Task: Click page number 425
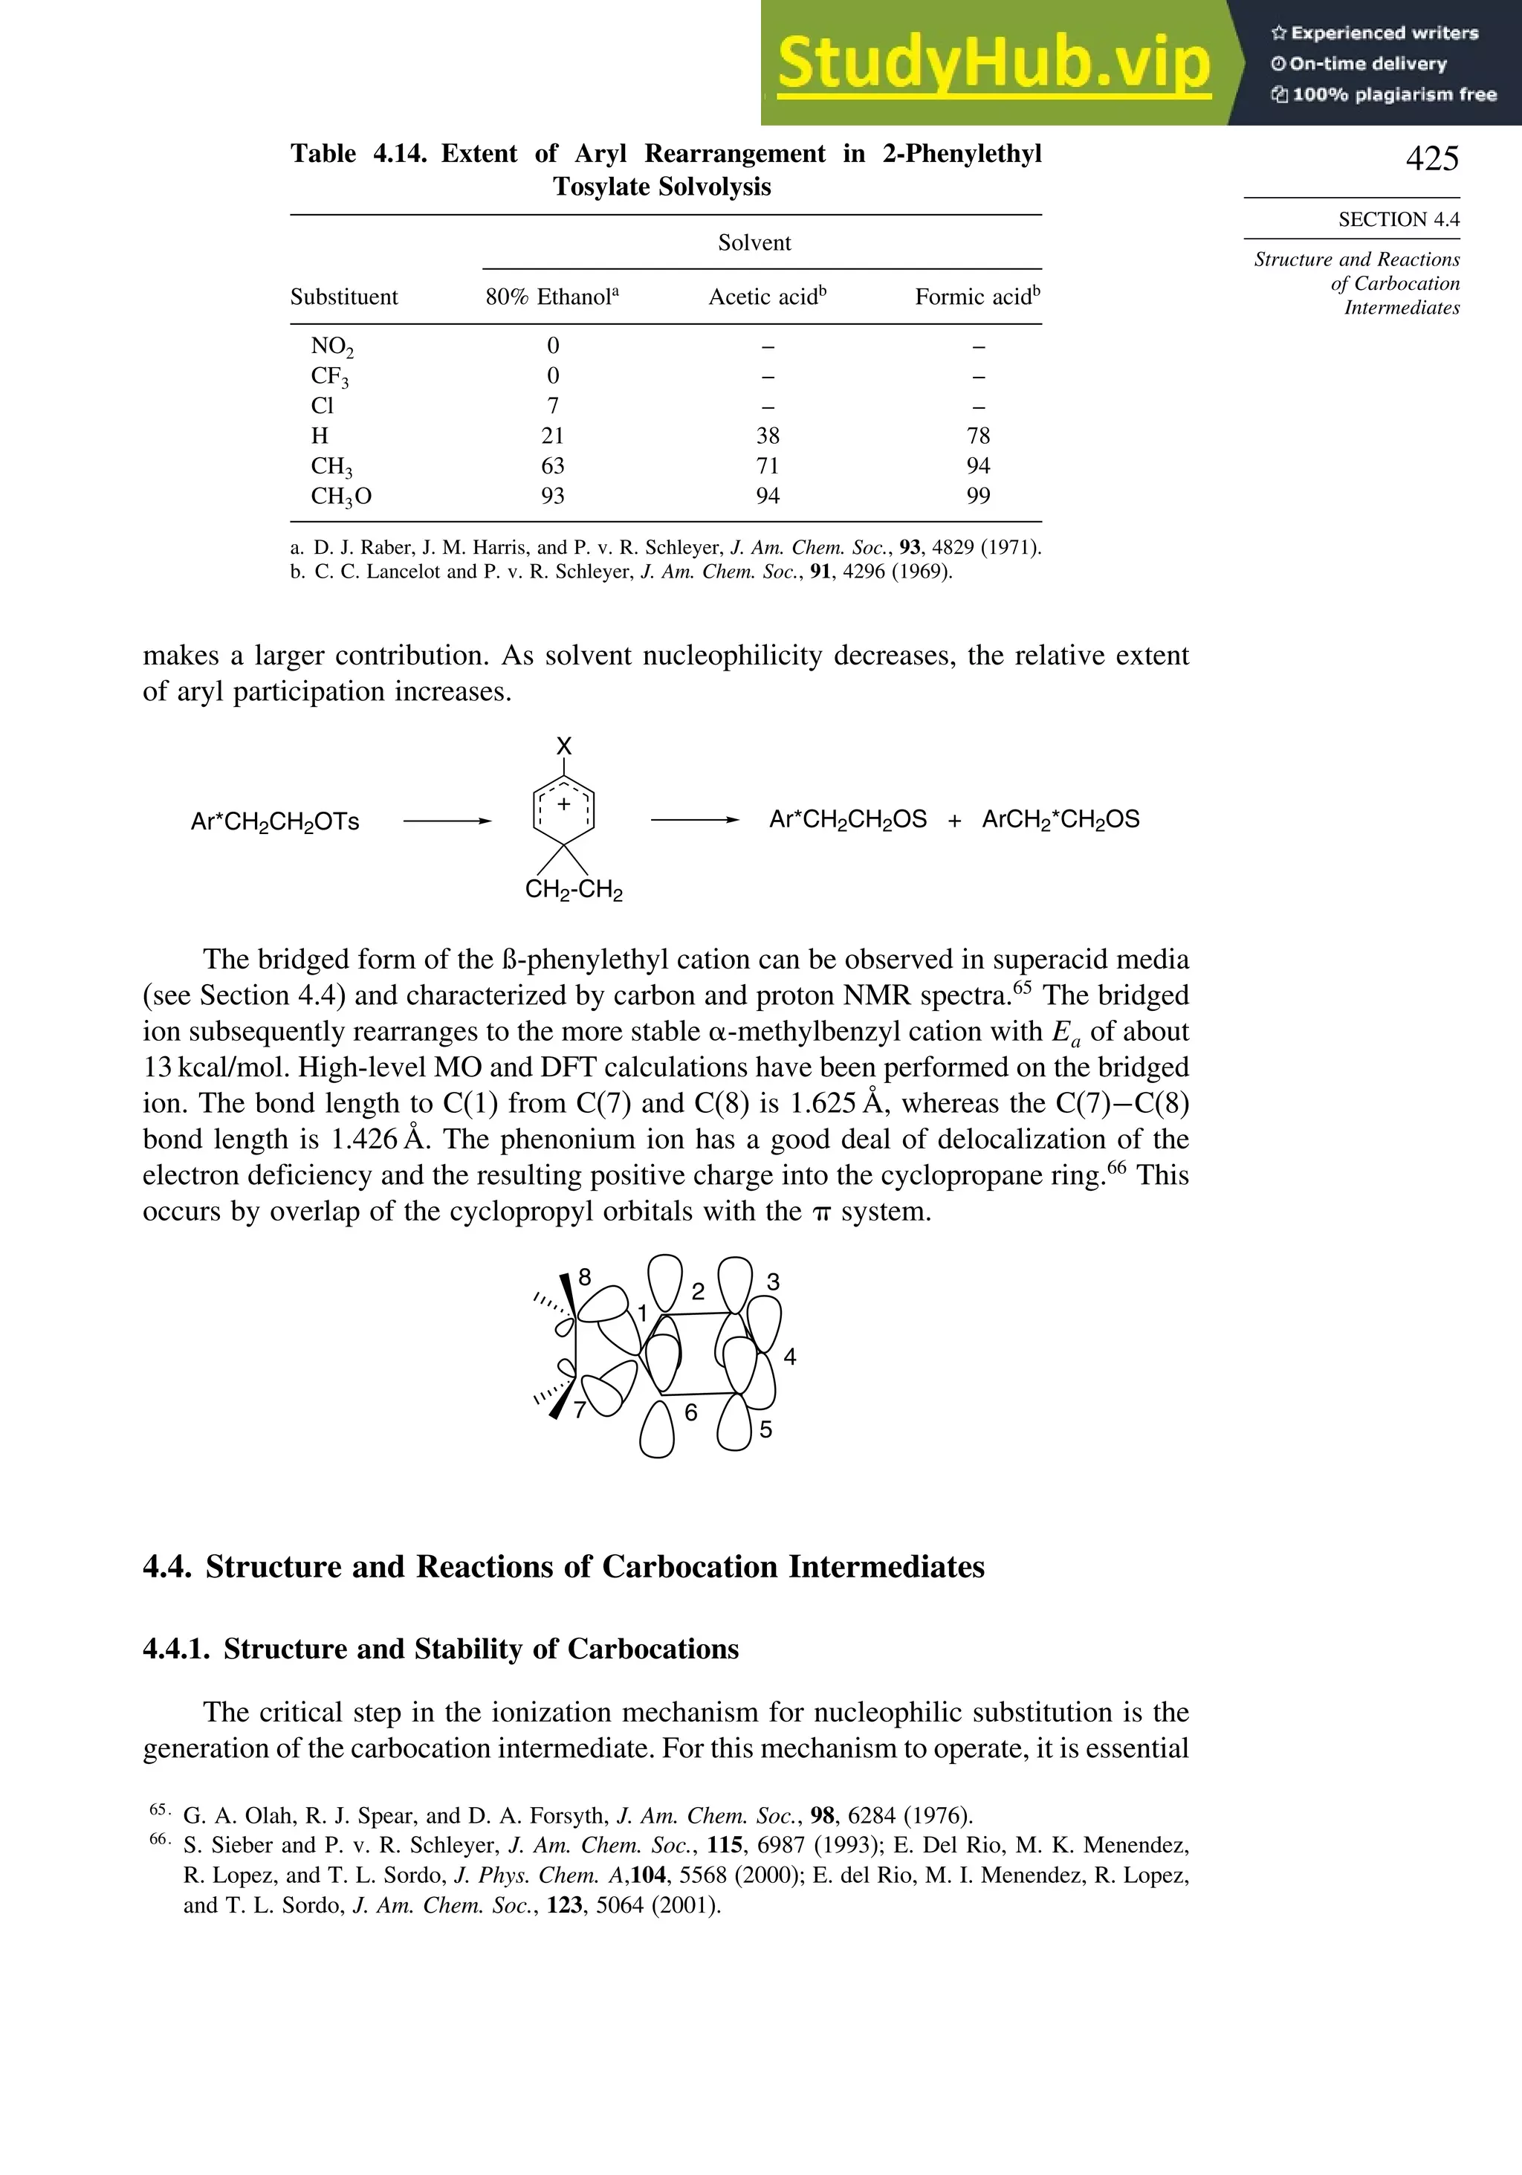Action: point(1431,158)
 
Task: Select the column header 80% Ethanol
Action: point(551,297)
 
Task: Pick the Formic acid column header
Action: point(977,297)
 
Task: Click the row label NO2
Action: point(331,346)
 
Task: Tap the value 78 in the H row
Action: point(977,436)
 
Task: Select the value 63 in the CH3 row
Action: point(552,466)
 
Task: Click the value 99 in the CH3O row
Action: point(977,497)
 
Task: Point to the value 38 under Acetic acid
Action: point(767,436)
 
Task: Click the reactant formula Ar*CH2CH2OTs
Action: point(275,821)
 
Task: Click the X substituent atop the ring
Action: point(563,746)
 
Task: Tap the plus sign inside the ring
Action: point(563,804)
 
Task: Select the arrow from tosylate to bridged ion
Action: point(447,821)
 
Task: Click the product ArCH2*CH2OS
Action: point(1060,819)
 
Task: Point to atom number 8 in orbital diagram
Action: point(584,1277)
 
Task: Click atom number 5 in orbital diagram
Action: point(765,1429)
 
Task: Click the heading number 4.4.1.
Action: point(177,1649)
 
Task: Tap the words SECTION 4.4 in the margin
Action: point(1398,220)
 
